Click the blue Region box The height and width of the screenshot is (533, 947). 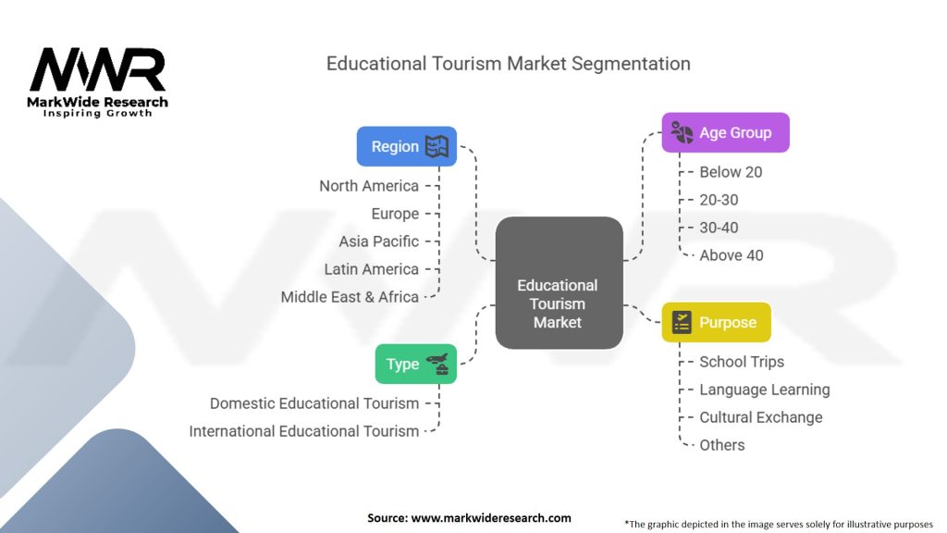click(407, 146)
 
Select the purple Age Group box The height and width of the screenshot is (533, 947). click(725, 132)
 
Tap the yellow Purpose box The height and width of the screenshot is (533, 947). click(716, 322)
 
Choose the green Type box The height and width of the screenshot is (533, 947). click(415, 364)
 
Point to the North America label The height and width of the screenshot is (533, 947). click(369, 186)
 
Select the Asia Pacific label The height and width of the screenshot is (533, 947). click(378, 242)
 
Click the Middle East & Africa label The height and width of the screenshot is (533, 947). click(350, 297)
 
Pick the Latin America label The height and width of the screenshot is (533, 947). click(371, 269)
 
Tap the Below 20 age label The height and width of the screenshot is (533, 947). click(731, 172)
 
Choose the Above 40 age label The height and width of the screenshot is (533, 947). click(732, 255)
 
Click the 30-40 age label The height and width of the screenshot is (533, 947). click(719, 228)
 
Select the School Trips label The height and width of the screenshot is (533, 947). click(741, 362)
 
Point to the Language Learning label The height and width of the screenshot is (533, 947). click(764, 390)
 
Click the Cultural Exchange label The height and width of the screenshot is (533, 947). click(760, 417)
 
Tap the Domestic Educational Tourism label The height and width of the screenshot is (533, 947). click(314, 403)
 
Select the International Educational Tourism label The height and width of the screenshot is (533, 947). click(304, 431)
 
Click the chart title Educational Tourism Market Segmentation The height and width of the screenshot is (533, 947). click(508, 64)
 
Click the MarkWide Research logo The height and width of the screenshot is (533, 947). click(98, 81)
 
